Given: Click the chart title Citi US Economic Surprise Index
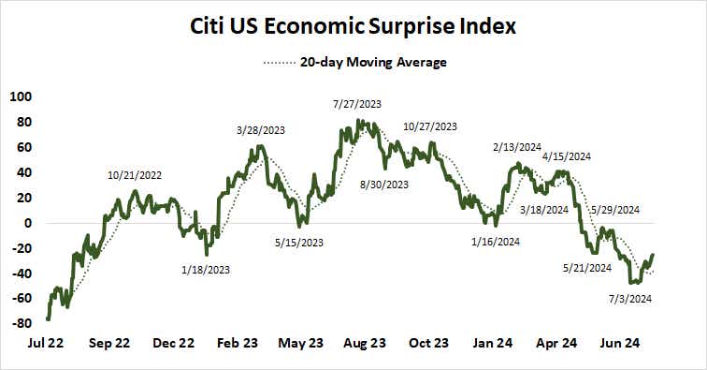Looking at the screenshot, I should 353,25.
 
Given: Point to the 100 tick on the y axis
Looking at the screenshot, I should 20,96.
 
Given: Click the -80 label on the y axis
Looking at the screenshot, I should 20,324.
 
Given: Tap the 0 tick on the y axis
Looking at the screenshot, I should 27,223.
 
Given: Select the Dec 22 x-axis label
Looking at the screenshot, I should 173,343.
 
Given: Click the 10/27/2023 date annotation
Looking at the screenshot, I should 430,126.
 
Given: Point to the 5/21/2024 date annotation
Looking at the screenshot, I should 586,267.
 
